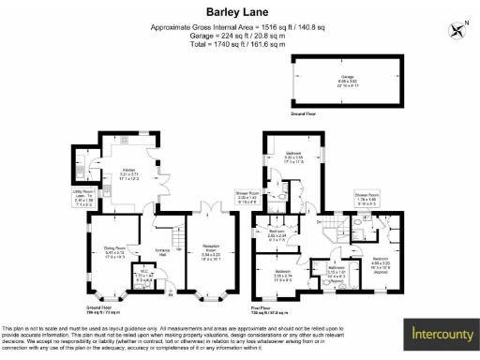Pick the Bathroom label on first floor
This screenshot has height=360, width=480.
(337, 272)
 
